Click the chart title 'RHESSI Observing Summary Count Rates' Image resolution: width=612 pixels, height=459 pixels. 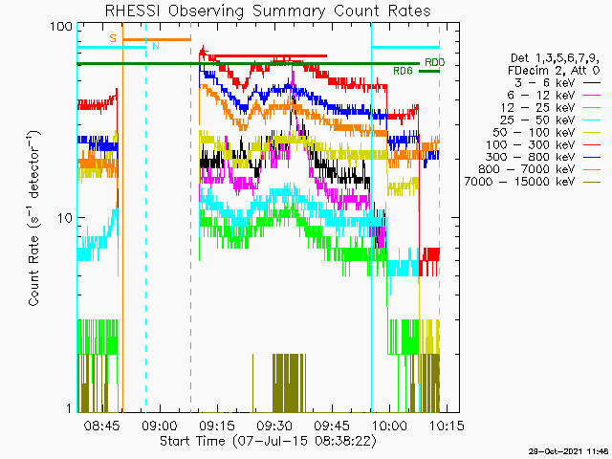(x=268, y=11)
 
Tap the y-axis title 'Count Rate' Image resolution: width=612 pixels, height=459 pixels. (x=33, y=271)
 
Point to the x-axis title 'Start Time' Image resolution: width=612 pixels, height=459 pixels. (x=192, y=441)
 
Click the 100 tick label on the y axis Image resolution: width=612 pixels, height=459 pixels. (x=61, y=27)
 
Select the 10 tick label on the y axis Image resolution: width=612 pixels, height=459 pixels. (x=65, y=218)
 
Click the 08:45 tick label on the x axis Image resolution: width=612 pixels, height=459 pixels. (x=102, y=425)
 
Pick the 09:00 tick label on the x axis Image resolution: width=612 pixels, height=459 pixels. (x=160, y=425)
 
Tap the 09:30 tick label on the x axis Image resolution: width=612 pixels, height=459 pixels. (x=274, y=425)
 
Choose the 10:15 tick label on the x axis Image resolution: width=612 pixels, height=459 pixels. (x=447, y=425)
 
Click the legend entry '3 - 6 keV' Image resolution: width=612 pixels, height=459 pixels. (x=544, y=83)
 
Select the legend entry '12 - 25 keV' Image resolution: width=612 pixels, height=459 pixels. (x=537, y=107)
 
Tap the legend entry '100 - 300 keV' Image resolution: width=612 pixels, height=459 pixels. (x=530, y=144)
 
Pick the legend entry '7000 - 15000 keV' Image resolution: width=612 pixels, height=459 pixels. (x=519, y=182)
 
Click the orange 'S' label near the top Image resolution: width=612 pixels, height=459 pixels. (x=113, y=38)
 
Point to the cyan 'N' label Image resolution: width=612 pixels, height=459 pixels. (x=156, y=46)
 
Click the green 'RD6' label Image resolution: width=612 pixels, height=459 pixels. (x=403, y=71)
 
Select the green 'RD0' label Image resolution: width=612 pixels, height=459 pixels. (x=434, y=62)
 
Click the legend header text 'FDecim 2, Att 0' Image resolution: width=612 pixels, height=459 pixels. (x=554, y=71)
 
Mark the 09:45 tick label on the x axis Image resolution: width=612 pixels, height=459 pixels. (x=332, y=425)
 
